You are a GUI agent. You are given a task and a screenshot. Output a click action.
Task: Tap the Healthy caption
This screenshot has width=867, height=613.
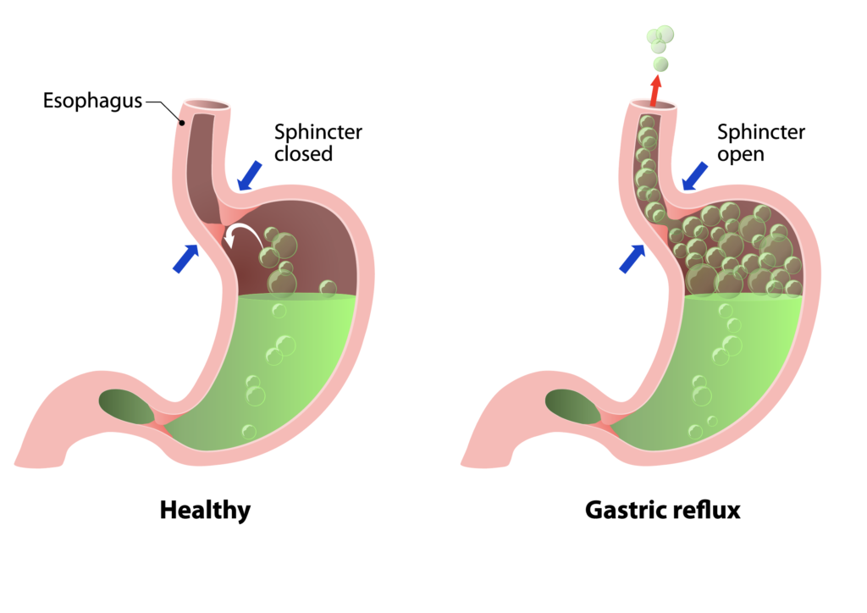[x=205, y=511]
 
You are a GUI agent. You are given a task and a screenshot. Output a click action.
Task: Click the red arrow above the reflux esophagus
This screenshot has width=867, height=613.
[x=655, y=89]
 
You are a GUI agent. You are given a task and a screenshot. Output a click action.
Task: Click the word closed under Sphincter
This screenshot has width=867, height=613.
[x=303, y=154]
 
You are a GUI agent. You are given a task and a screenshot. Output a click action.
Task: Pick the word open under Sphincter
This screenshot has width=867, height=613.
[x=741, y=154]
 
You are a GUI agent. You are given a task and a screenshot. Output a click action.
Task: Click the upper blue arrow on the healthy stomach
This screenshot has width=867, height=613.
[x=251, y=175]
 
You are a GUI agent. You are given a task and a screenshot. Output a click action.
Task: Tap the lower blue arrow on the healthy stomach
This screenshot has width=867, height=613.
[x=185, y=258]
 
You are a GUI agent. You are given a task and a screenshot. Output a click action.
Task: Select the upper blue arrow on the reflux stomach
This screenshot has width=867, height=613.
[x=694, y=175]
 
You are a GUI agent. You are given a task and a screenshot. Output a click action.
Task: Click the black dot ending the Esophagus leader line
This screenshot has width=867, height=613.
[x=182, y=120]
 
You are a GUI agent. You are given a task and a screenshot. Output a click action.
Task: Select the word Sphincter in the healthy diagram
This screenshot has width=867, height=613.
[x=318, y=133]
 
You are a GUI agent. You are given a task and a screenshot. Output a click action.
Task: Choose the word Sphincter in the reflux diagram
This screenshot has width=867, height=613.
[x=761, y=133]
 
